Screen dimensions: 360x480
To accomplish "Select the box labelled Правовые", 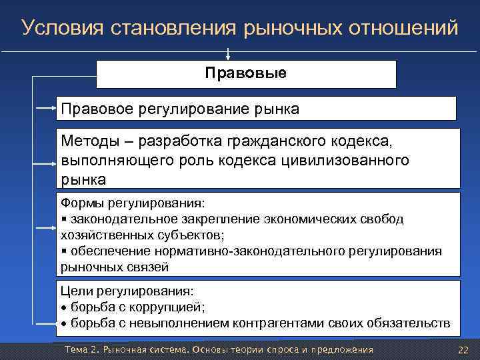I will tap(246, 73).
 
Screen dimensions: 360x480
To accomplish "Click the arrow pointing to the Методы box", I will tap(47, 162).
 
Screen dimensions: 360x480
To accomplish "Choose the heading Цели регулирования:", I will tap(127, 291).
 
